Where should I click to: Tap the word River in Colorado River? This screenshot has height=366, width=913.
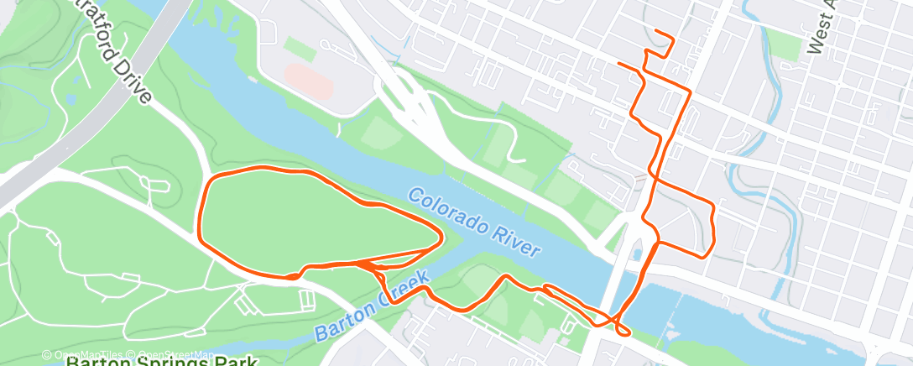click(x=514, y=244)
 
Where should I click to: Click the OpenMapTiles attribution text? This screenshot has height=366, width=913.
click(x=85, y=355)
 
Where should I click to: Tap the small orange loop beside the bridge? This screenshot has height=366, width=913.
click(x=623, y=328)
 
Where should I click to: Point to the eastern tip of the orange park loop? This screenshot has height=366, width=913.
click(x=441, y=238)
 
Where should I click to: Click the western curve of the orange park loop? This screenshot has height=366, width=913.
click(x=199, y=210)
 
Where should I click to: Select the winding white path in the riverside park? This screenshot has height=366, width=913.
click(x=495, y=134)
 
